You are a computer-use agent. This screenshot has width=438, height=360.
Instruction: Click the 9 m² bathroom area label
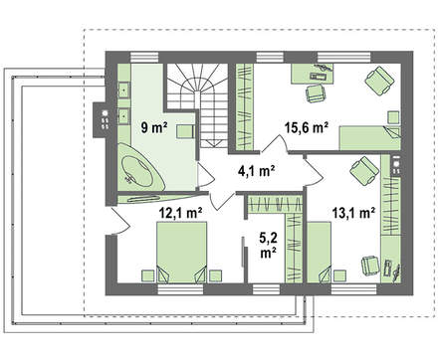point(153,127)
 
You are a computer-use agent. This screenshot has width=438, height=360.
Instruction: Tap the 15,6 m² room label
point(307,127)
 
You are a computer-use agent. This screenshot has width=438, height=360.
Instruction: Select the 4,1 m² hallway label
point(256,171)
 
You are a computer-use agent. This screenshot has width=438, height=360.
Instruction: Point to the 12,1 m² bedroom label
point(181,213)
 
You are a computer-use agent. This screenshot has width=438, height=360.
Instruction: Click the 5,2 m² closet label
point(269,246)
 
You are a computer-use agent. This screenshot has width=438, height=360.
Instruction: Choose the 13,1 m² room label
point(353,213)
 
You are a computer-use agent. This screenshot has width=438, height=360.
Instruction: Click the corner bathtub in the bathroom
point(140,168)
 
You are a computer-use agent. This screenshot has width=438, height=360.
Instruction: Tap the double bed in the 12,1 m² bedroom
point(181,253)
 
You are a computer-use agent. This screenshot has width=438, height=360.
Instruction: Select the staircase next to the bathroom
point(197,105)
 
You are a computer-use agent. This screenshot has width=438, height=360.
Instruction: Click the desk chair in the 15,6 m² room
point(316,93)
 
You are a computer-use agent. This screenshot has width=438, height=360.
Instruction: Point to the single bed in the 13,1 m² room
point(319,253)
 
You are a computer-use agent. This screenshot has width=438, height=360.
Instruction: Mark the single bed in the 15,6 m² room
point(369,138)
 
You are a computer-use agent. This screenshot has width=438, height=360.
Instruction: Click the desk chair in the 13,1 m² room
point(370,267)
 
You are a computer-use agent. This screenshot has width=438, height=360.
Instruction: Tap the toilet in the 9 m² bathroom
point(185,131)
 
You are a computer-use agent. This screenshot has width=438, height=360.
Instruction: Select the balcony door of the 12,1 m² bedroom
point(120,221)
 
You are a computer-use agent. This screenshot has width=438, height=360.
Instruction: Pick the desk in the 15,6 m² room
point(313,74)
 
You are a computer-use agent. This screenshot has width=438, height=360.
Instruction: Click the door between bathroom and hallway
point(205,174)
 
